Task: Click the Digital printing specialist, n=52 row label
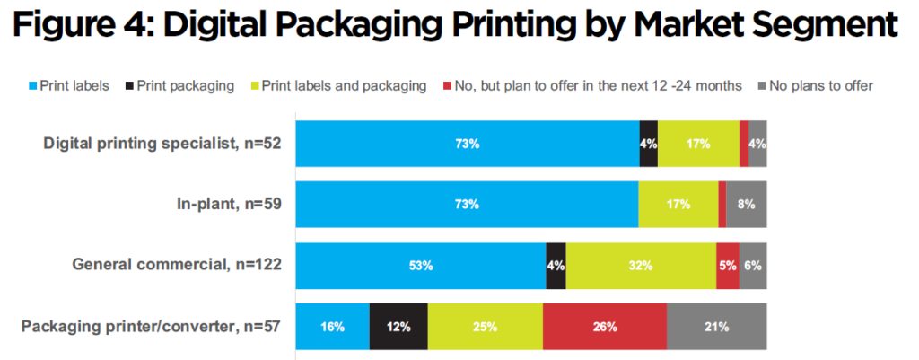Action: [x=164, y=143]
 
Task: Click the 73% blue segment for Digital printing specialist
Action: [x=468, y=143]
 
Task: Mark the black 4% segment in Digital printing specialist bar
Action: [x=648, y=143]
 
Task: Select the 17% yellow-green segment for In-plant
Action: [x=678, y=204]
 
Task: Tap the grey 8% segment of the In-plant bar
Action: [x=747, y=204]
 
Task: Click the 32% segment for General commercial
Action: [x=641, y=266]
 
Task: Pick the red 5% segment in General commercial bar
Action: [x=728, y=266]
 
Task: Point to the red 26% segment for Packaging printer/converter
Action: [x=605, y=327]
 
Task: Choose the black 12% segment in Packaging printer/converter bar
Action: [x=398, y=327]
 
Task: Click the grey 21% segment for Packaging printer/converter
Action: [x=716, y=327]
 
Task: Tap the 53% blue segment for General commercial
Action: [x=421, y=266]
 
